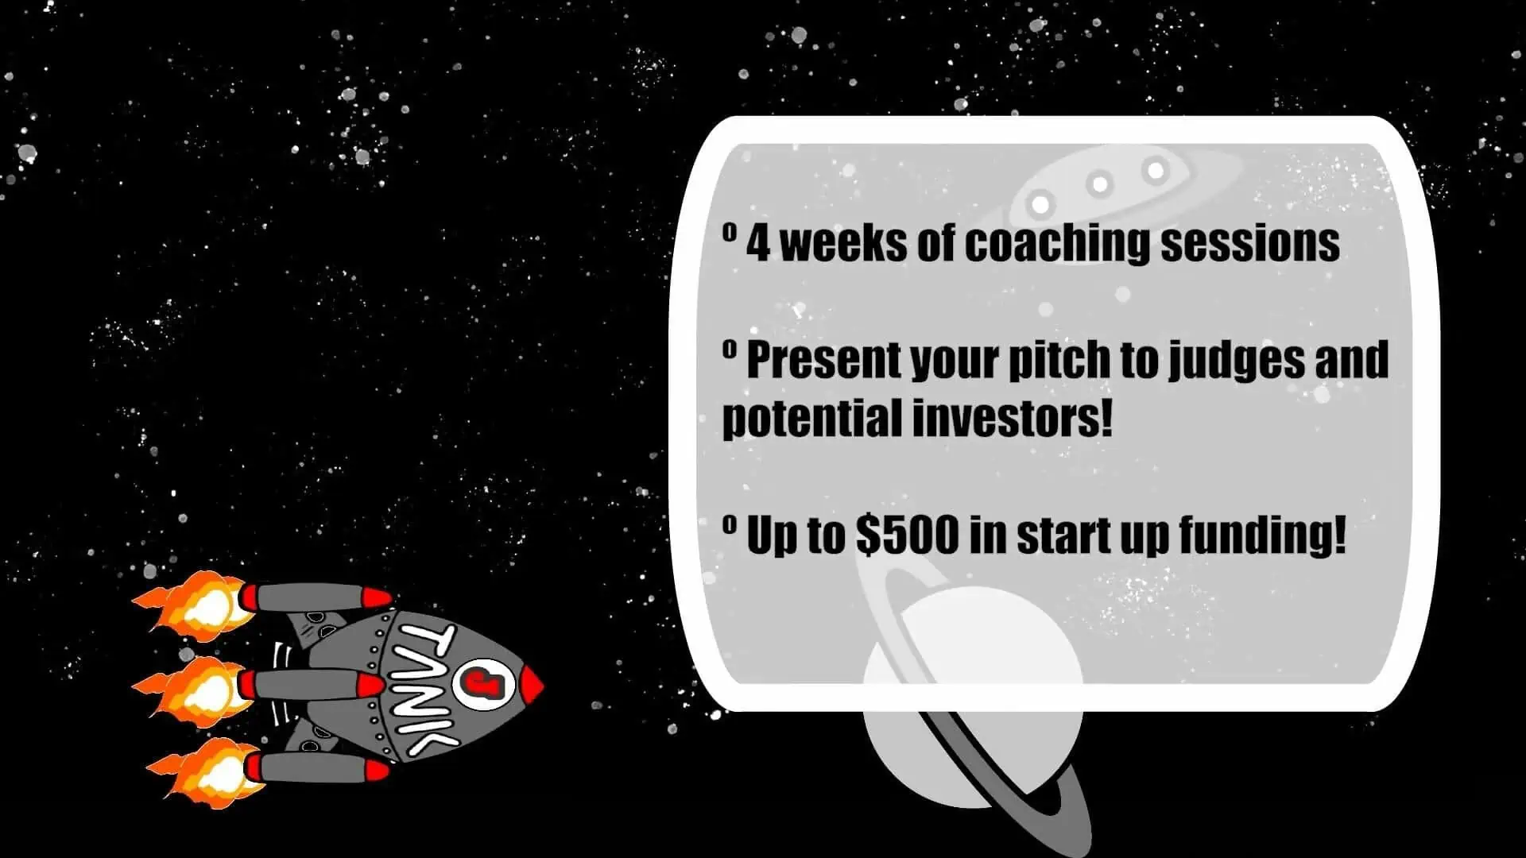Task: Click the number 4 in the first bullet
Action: coord(758,243)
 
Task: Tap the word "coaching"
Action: coord(1057,243)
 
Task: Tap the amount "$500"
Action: coord(908,535)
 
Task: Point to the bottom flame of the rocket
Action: coord(205,771)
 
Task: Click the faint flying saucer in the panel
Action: coord(1113,186)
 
